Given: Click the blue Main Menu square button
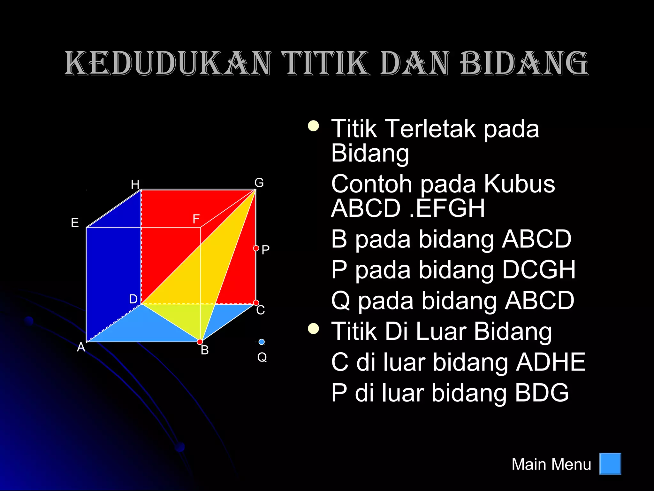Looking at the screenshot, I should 610,464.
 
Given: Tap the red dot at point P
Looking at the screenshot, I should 256,248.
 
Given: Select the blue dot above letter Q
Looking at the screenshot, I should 262,342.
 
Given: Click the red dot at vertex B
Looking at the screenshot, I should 200,342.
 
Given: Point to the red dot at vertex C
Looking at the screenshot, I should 256,302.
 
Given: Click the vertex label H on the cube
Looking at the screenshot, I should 135,184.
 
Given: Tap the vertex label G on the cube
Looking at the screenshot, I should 259,183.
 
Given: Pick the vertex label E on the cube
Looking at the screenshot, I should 75,222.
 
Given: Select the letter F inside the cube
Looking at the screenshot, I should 196,219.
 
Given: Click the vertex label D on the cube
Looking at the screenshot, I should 133,299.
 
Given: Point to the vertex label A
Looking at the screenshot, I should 81,347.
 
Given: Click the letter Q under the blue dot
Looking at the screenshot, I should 262,357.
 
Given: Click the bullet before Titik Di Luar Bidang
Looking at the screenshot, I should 313,328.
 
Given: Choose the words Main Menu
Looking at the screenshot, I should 551,464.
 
